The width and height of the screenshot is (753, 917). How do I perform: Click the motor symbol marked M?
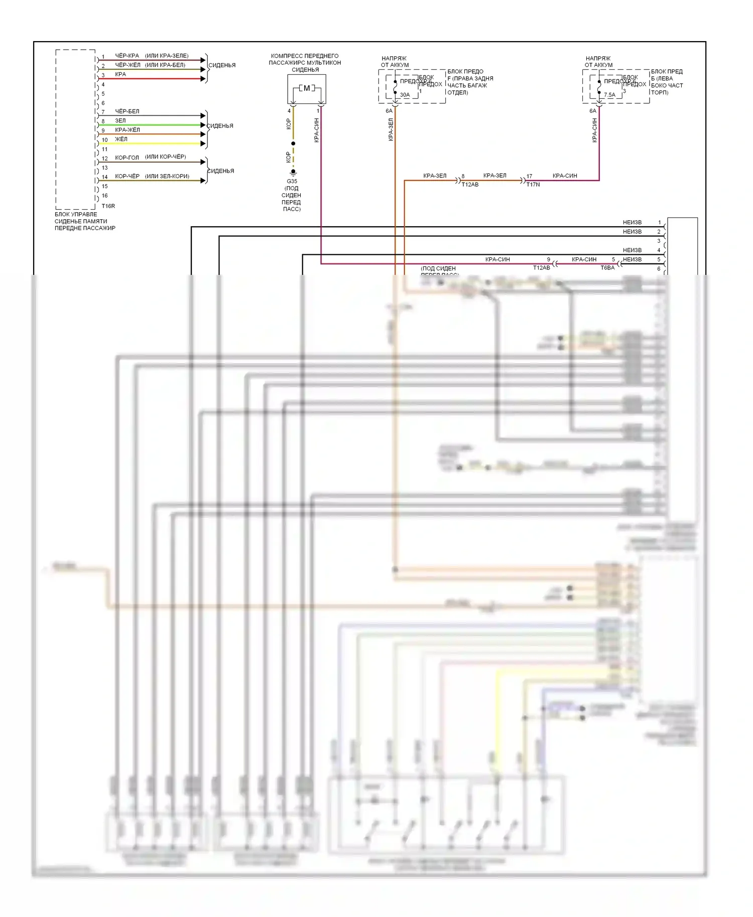point(307,88)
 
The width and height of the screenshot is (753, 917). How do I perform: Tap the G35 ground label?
point(292,182)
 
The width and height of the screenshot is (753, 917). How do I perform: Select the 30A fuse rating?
point(405,95)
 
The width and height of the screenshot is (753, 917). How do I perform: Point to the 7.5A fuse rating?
point(609,95)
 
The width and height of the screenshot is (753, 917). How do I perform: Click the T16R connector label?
point(108,206)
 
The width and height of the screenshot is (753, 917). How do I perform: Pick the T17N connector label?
point(533,185)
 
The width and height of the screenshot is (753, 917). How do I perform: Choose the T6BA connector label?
point(607,268)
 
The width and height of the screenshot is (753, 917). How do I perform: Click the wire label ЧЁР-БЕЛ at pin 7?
point(127,111)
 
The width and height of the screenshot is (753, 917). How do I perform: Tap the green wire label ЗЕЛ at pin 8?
point(120,121)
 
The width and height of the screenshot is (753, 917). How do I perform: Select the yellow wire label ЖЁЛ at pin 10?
point(121,139)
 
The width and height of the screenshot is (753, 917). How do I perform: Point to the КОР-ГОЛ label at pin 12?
point(127,158)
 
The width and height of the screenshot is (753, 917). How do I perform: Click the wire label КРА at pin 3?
point(120,75)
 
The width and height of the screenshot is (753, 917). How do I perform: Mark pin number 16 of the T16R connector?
point(104,196)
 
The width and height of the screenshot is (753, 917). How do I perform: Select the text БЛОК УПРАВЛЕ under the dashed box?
point(76,214)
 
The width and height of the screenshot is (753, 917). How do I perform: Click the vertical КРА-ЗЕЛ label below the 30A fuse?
point(391,129)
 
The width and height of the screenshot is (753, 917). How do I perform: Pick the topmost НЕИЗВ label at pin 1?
point(632,223)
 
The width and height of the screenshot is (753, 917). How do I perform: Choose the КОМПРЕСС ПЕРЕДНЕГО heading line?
point(305,56)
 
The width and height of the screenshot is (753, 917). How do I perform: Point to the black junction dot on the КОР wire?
point(293,143)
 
